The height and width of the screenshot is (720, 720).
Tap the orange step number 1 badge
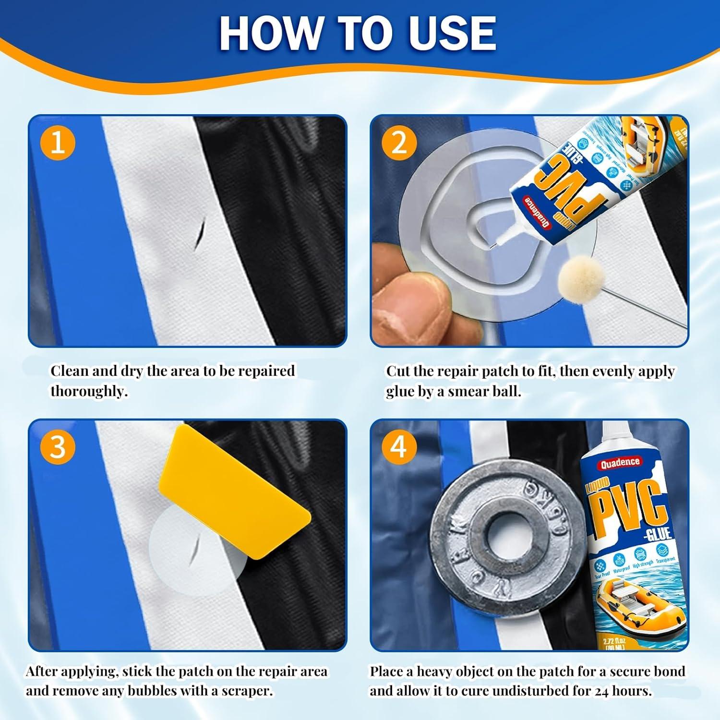point(58,143)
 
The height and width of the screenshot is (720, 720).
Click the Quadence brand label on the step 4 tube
point(619,462)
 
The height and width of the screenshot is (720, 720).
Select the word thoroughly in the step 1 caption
point(88,392)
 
